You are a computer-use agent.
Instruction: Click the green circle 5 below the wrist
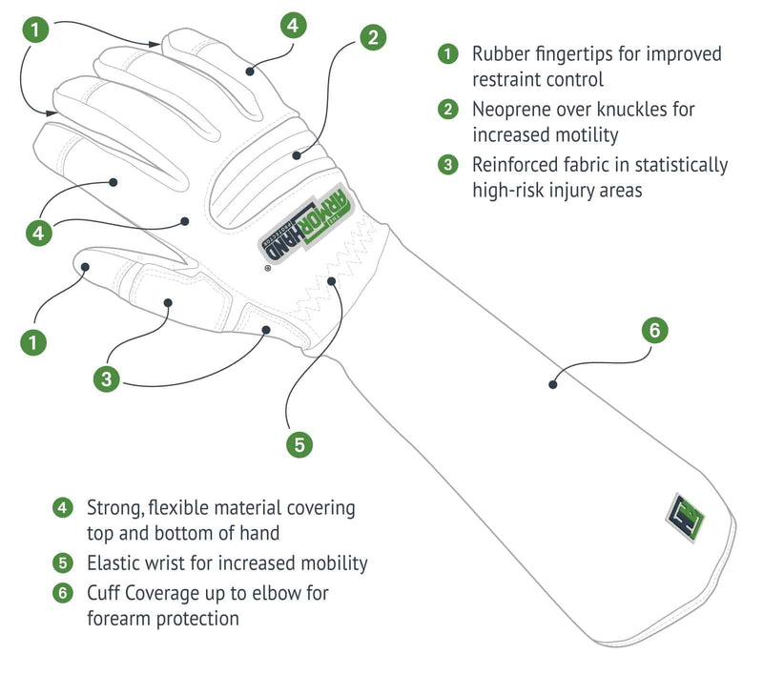point(299,443)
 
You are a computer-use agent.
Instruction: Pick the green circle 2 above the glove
point(372,37)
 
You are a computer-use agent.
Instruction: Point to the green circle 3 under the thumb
point(107,378)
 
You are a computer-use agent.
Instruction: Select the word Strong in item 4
point(113,507)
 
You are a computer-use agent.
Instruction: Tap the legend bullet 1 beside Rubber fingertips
point(448,53)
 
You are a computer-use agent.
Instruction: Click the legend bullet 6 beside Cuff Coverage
point(62,593)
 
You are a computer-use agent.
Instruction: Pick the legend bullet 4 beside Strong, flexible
point(62,507)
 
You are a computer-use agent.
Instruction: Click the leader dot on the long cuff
point(552,385)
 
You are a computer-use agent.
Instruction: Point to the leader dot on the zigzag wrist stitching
point(332,281)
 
